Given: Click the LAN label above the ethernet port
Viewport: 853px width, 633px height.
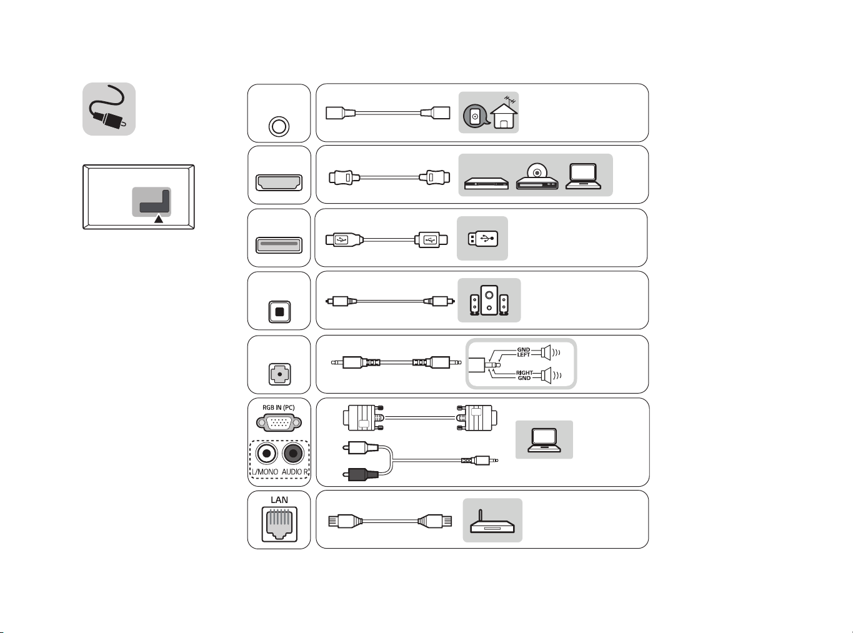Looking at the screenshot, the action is pyautogui.click(x=279, y=499).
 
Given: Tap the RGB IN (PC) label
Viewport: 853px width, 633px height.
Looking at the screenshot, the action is pyautogui.click(x=279, y=407).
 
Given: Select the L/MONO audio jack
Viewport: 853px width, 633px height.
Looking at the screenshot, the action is pyautogui.click(x=266, y=454).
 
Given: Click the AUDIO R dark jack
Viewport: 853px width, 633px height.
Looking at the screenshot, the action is pyautogui.click(x=293, y=454).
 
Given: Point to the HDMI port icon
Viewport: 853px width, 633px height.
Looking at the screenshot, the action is pyautogui.click(x=279, y=182).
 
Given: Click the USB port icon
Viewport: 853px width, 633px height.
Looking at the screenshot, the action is pyautogui.click(x=279, y=246).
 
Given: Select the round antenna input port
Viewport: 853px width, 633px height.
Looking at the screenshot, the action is pyautogui.click(x=279, y=126).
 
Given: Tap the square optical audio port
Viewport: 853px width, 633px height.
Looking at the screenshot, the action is pyautogui.click(x=279, y=312).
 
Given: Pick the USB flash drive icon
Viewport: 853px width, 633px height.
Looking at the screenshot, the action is pyautogui.click(x=483, y=239).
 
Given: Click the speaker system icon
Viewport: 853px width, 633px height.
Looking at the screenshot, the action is pyautogui.click(x=489, y=301).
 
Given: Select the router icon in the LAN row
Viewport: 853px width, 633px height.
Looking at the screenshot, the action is pyautogui.click(x=492, y=522).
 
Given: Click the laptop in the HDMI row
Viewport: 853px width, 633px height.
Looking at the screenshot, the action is pyautogui.click(x=583, y=176).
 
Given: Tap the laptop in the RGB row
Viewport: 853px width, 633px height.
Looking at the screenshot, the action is pyautogui.click(x=544, y=440).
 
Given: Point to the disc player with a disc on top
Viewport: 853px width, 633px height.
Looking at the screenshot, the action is pyautogui.click(x=537, y=176).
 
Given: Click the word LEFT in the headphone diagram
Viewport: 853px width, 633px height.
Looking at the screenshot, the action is pyautogui.click(x=524, y=355).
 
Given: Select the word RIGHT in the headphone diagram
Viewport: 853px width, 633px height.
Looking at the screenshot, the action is pyautogui.click(x=524, y=372).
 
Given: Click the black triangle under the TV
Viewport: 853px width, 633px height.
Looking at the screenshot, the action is pyautogui.click(x=159, y=219).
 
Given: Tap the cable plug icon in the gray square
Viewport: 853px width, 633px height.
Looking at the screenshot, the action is pyautogui.click(x=109, y=109).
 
